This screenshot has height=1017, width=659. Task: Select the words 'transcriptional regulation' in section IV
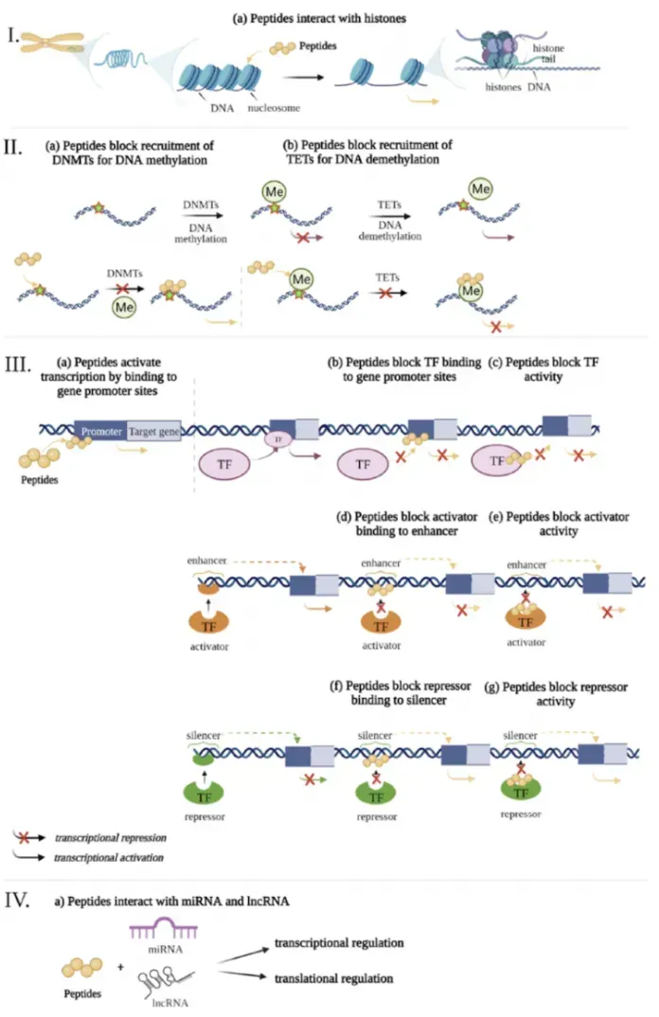click(338, 943)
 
